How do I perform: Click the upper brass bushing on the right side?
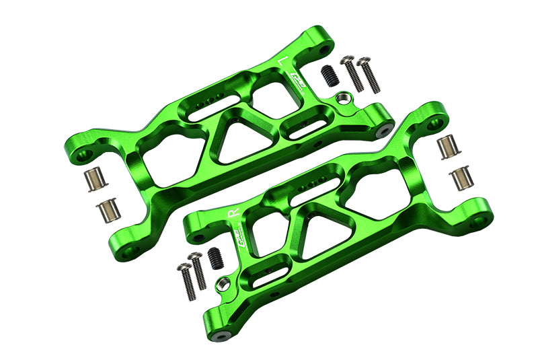(x=445, y=147)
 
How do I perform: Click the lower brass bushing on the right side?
(x=461, y=178)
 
